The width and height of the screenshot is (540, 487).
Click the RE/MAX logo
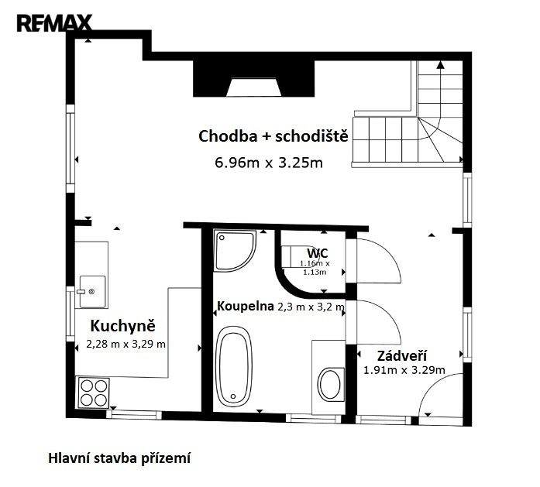tap(54, 23)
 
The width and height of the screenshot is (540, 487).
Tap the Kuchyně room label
tap(123, 326)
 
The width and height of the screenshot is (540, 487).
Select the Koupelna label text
tap(245, 306)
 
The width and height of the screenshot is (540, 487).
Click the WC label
tap(318, 253)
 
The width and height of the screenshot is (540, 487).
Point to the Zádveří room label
tap(402, 355)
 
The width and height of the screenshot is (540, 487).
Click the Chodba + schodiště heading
tap(273, 136)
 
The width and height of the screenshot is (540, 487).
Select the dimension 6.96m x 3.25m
tap(269, 163)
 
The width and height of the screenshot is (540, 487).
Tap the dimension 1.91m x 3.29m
tap(404, 370)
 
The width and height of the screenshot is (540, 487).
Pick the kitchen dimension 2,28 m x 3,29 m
tap(126, 344)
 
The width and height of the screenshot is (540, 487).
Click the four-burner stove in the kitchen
tap(94, 393)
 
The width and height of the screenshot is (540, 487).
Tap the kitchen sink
tap(93, 291)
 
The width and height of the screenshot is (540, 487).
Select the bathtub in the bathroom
tap(234, 366)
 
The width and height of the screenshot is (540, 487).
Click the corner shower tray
tap(235, 250)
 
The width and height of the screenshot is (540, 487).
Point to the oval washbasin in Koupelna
tap(330, 385)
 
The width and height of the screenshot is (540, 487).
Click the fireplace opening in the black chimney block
tap(254, 87)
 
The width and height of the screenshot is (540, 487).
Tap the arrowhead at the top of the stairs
tap(440, 64)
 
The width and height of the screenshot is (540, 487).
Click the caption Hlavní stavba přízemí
tap(119, 458)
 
